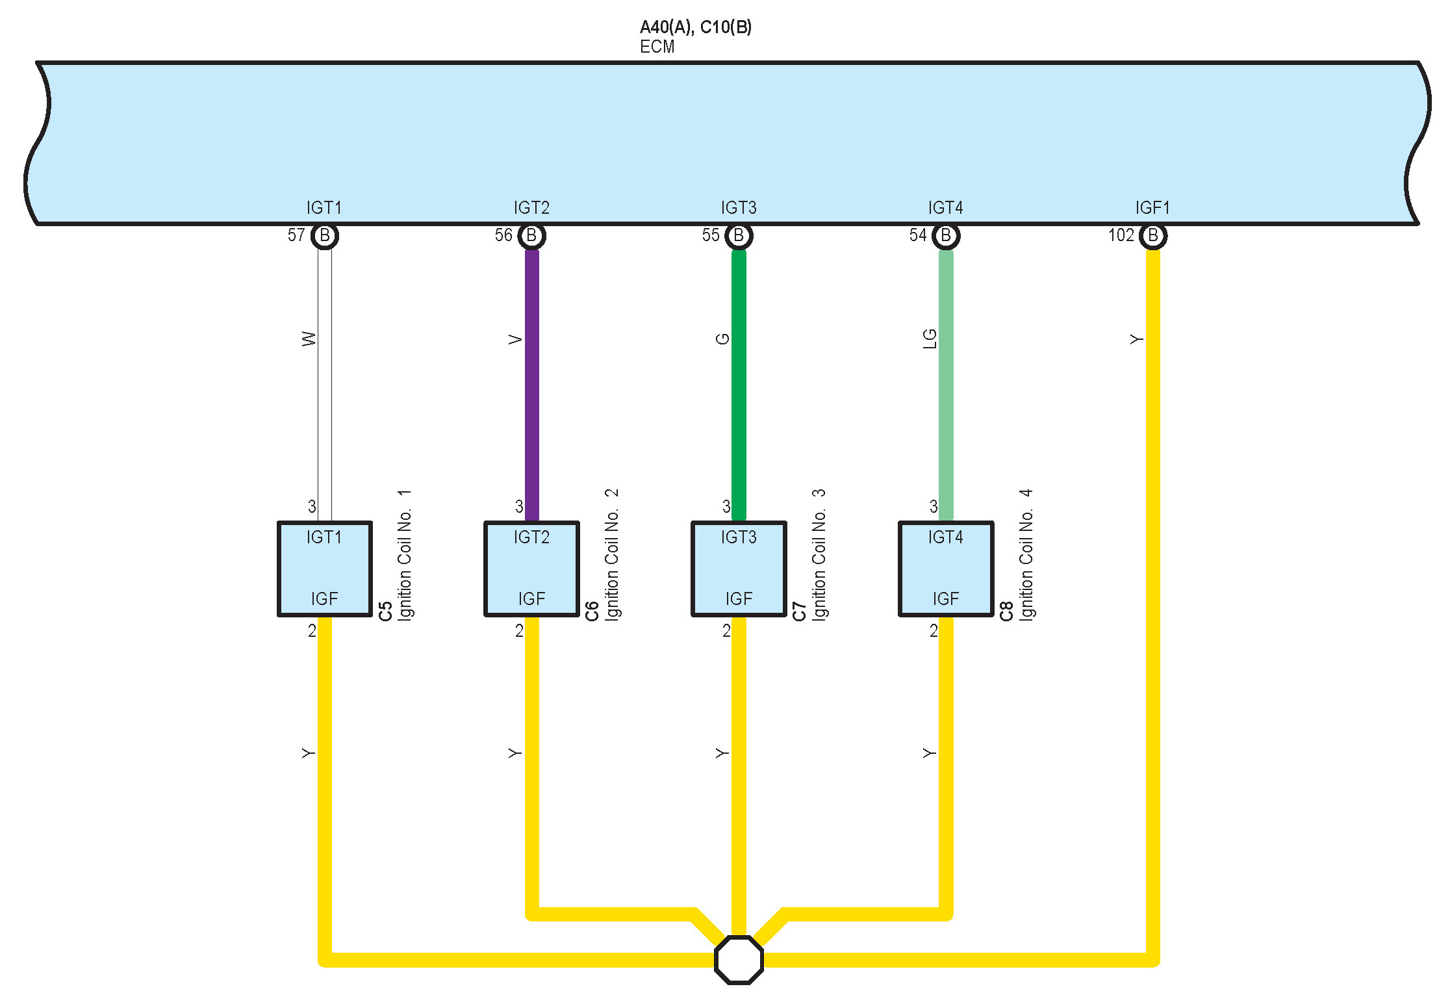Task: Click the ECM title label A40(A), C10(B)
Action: coord(695,27)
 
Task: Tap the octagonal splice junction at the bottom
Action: coord(739,959)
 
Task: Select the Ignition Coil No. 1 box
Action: coord(324,568)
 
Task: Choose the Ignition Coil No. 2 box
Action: coord(531,568)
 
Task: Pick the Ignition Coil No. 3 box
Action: coord(739,568)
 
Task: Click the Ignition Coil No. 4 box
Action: coord(946,568)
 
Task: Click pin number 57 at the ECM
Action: coord(296,235)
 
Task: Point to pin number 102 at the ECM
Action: coord(1121,235)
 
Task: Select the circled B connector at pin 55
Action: coord(739,235)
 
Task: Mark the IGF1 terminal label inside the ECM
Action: coord(1152,208)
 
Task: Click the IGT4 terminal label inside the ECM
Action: coord(945,208)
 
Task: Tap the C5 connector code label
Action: coord(385,611)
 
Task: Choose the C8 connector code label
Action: coord(1006,611)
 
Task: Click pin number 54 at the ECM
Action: coord(918,235)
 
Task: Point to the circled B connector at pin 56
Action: coord(531,235)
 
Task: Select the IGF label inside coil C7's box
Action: coord(739,599)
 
